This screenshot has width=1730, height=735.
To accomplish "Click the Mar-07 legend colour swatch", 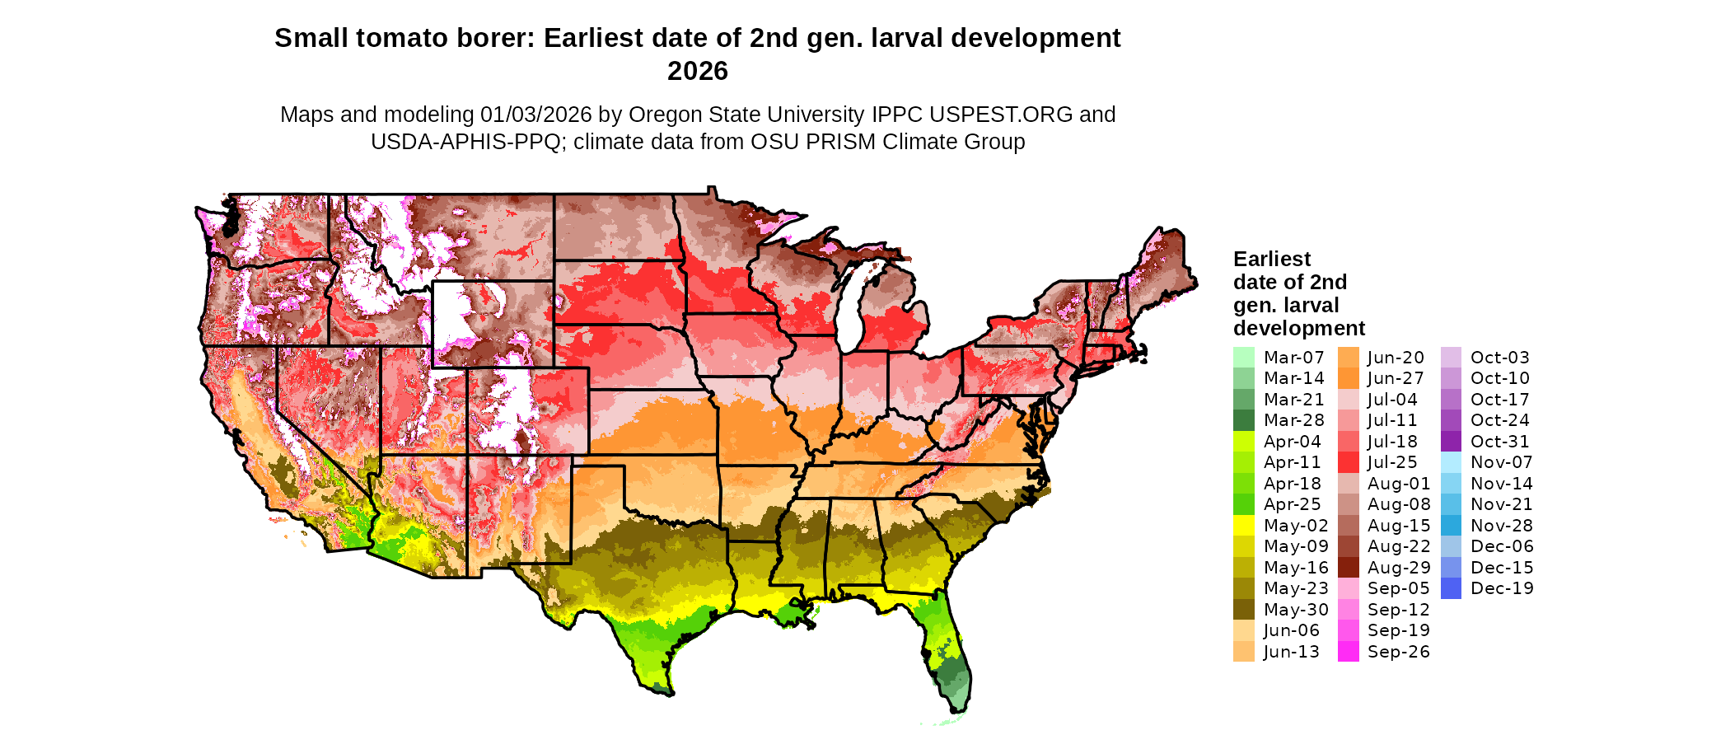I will pos(1243,358).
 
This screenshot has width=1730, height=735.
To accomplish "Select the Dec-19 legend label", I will pos(1501,588).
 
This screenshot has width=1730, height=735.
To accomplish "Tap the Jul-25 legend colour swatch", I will pos(1348,462).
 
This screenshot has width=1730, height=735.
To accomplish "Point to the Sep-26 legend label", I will pos(1398,652).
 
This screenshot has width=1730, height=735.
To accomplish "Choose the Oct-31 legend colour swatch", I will pos(1451,442).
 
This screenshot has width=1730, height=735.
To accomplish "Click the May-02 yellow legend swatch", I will pos(1243,526).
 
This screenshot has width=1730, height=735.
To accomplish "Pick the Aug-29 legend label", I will pos(1398,568).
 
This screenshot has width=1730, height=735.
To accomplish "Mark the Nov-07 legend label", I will pos(1501,462).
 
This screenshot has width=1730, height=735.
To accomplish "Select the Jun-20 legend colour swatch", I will pos(1348,358).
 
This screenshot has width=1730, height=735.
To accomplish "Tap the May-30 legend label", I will pos(1296,610).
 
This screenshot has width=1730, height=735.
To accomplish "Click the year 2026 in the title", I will pos(697,71).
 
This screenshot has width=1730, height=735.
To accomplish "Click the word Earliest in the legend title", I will pos(1271,259).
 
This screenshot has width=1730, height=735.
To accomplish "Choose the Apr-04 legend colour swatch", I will pos(1243,442).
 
